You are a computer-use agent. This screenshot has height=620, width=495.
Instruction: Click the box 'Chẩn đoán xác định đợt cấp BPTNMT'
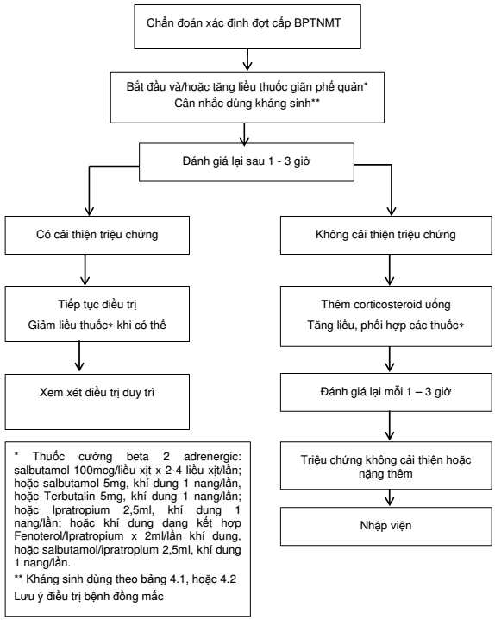click(247, 27)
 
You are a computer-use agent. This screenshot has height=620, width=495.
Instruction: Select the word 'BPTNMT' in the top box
click(317, 23)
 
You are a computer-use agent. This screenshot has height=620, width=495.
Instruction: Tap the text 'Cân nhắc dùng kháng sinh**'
click(247, 104)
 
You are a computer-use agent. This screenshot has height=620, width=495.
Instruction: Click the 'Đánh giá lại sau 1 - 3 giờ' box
click(247, 162)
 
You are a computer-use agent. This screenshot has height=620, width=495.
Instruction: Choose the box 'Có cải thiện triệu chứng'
click(97, 235)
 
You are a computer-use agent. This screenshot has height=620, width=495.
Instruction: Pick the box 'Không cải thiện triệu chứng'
click(386, 235)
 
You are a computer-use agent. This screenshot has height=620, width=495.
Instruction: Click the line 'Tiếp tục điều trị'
click(97, 305)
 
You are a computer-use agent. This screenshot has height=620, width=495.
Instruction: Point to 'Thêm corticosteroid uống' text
click(385, 305)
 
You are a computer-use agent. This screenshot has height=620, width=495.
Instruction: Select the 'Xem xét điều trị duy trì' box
click(97, 402)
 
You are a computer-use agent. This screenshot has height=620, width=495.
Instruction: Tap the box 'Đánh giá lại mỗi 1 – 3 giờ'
click(386, 392)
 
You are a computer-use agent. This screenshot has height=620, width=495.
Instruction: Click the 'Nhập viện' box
click(386, 526)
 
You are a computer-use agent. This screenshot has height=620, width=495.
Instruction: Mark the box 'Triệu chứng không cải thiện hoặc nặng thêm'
click(386, 466)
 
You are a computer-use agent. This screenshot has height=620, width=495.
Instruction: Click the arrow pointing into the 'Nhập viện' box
click(390, 498)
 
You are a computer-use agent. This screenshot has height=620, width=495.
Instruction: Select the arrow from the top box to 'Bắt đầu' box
click(247, 60)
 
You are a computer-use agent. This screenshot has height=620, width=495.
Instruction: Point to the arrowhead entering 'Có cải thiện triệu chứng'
click(90, 211)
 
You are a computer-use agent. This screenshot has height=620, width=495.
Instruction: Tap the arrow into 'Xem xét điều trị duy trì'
click(79, 357)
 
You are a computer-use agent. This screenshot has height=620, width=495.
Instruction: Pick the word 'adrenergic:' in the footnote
click(212, 457)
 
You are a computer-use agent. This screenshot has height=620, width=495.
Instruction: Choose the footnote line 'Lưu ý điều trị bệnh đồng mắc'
click(89, 597)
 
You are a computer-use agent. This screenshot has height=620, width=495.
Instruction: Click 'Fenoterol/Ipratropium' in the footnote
click(69, 536)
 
